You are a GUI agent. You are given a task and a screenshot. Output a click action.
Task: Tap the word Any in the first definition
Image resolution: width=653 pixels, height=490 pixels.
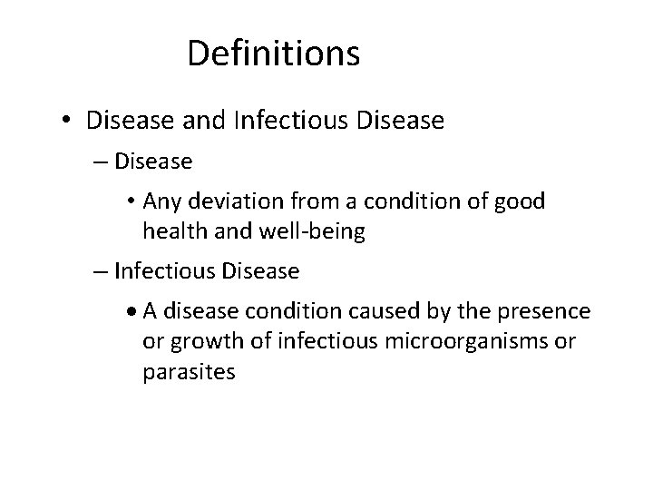[159, 201]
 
